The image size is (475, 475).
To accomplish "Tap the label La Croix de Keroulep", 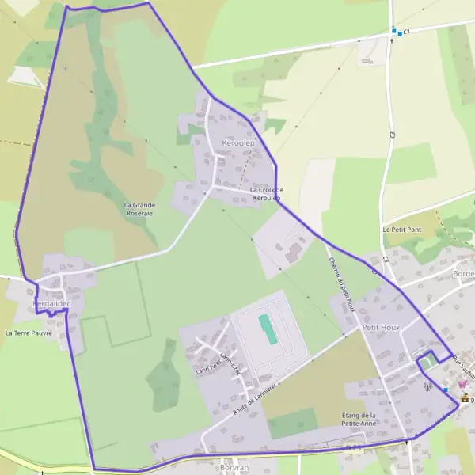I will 266,193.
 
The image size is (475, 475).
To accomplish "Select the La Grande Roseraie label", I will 139,208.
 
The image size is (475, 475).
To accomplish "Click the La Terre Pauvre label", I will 28,332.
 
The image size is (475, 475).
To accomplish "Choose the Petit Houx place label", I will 382,326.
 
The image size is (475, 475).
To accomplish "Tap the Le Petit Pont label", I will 402,230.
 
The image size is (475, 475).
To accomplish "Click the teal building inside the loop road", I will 268,329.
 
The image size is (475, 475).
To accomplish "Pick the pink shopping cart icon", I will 462,384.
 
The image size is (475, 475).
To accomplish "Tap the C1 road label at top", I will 406,32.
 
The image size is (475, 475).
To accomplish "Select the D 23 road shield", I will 353,448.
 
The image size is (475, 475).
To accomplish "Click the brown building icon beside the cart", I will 465,398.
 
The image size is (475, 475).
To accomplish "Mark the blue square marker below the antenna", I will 446,389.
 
